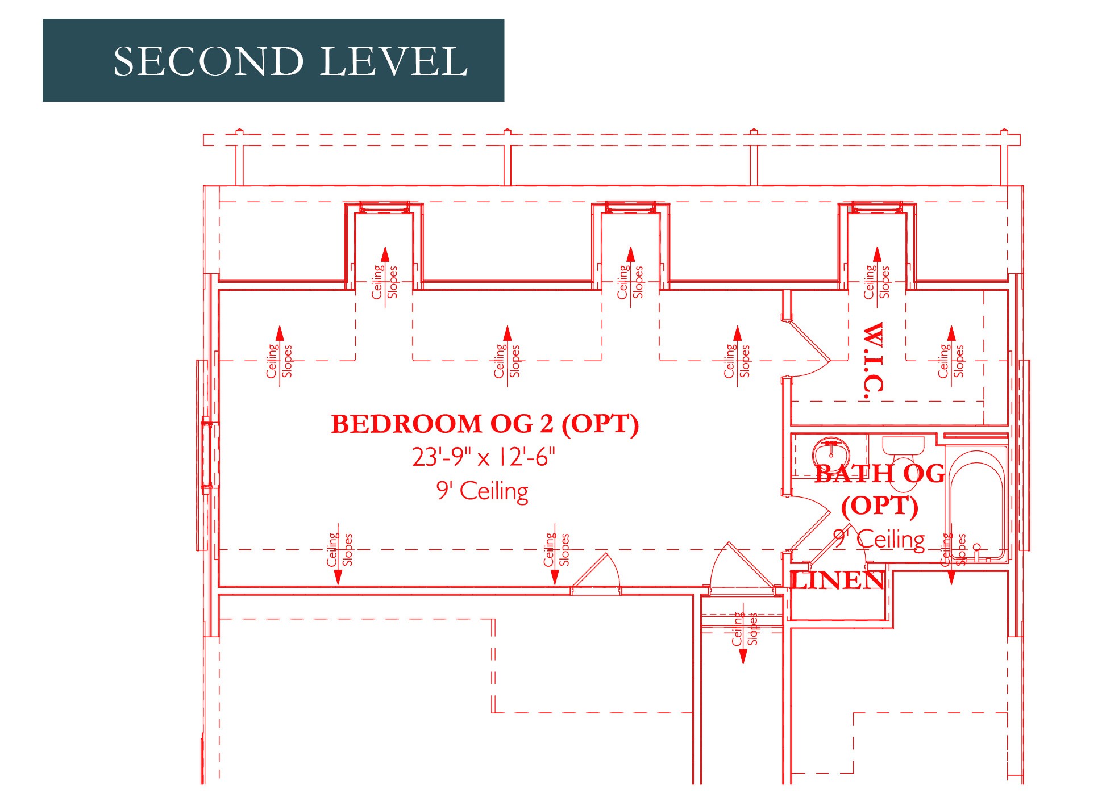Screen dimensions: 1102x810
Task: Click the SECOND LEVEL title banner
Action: tap(273, 60)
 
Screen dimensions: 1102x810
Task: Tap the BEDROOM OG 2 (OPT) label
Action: tap(485, 424)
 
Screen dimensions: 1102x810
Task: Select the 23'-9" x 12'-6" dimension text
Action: tap(483, 457)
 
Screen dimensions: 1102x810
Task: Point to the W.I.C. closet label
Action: tap(872, 362)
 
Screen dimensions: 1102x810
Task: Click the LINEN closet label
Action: tap(837, 581)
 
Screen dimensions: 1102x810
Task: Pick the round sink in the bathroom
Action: tap(831, 454)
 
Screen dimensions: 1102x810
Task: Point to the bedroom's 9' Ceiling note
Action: tap(483, 492)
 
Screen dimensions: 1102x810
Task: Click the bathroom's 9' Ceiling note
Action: tap(879, 539)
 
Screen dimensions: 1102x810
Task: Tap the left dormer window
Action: tap(384, 206)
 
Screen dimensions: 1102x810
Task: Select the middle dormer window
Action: tap(630, 206)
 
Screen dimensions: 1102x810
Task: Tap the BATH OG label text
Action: tap(880, 474)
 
